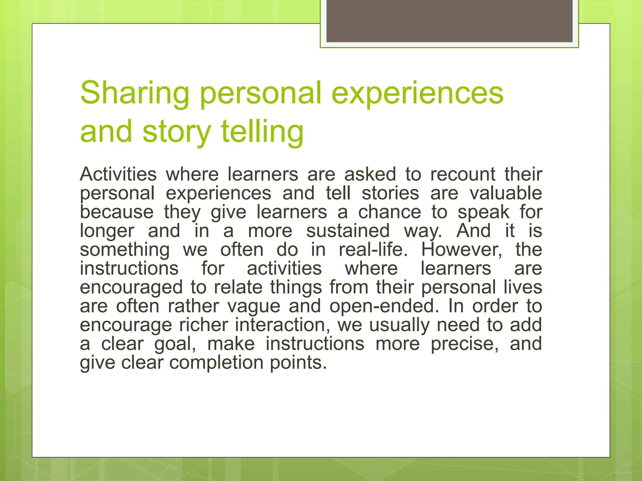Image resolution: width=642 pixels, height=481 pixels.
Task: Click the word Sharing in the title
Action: [x=135, y=93]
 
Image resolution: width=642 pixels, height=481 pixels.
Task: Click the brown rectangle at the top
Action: [x=449, y=21]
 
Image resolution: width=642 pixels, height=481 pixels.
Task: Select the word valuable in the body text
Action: [x=506, y=193]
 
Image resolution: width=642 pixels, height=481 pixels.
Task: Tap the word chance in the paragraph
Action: [x=389, y=212]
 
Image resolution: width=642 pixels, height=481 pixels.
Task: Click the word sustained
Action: [x=348, y=231]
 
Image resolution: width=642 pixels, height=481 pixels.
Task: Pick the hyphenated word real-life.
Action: [x=373, y=250]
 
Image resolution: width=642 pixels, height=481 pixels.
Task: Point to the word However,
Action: [x=461, y=250]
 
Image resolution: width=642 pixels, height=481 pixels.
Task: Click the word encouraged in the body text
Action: [x=131, y=287]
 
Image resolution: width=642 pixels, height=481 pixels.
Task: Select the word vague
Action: [x=254, y=306]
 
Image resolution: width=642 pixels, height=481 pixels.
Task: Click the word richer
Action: [x=203, y=325]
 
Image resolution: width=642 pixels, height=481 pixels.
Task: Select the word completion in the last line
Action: [x=216, y=363]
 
